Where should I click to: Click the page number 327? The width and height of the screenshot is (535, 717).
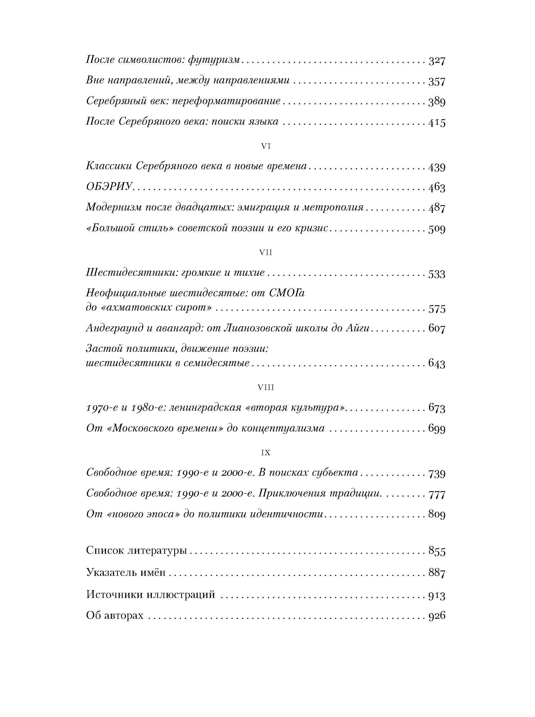coord(437,61)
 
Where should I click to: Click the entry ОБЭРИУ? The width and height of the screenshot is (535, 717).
coord(109,187)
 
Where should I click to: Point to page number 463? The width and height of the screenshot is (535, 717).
coord(437,188)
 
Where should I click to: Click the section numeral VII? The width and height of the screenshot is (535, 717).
coord(266,253)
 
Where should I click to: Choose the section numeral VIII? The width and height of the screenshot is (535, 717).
coord(266,388)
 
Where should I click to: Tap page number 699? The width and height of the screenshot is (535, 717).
coord(437,429)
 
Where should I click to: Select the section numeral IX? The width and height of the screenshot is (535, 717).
coord(266,453)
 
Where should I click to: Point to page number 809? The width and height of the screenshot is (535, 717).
coord(437,514)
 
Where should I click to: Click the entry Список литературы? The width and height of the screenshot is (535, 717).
coord(136,551)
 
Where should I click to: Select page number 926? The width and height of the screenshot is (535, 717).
coord(437,615)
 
